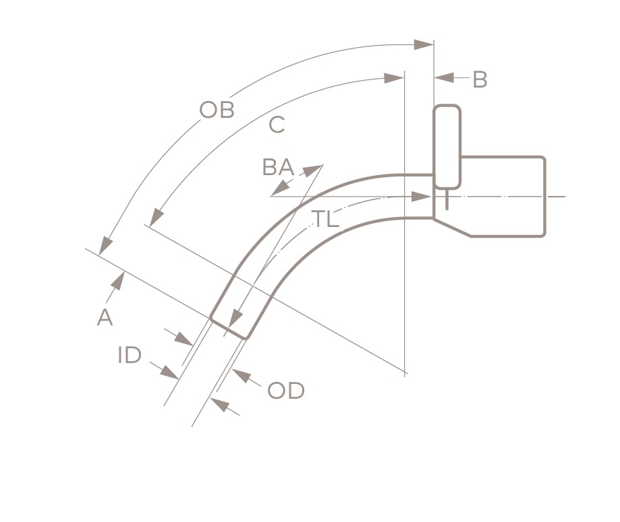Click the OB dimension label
point(217,110)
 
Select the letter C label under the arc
point(277,125)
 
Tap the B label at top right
point(480,79)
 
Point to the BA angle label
point(277,167)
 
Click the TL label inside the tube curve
point(325,219)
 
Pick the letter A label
point(105,317)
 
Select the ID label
point(130,355)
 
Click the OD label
point(286,391)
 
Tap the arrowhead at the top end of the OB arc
point(424,44)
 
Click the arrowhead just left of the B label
point(444,79)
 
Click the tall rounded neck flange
point(447,146)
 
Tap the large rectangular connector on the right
point(503,195)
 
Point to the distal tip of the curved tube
point(229,327)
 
